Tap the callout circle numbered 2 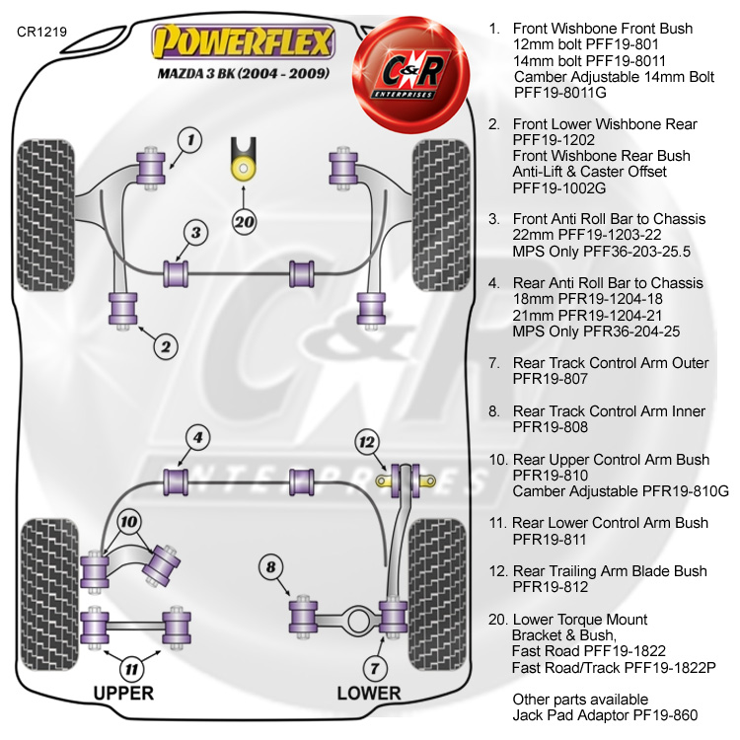165,345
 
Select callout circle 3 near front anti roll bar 196,233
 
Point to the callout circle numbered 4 197,437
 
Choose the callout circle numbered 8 271,567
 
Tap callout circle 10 128,522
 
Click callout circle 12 367,441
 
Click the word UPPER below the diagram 123,693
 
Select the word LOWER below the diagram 369,693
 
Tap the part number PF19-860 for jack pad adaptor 646,714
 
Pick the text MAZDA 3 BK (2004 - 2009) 243,74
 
